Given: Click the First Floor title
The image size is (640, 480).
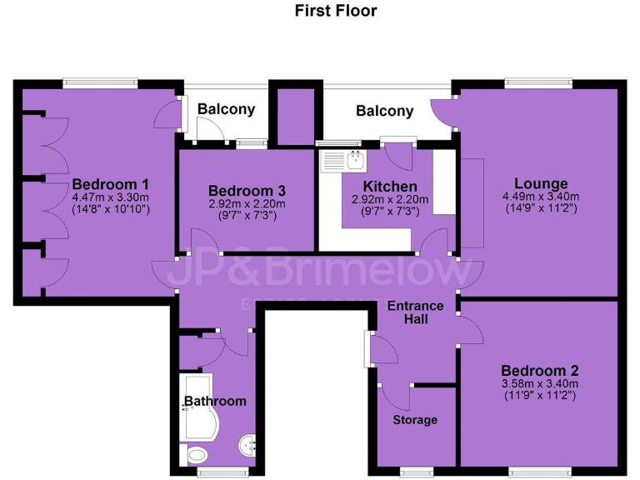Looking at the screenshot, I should [336, 11].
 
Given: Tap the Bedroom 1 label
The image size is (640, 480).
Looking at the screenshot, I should [110, 184].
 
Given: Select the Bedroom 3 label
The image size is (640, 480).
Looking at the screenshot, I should [241, 190].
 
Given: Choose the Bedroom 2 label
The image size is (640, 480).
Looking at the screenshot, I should [540, 370].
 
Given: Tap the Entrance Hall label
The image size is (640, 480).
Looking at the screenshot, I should [416, 312].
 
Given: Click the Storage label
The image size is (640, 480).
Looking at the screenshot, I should [415, 419].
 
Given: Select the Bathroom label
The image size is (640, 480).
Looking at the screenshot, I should [216, 401].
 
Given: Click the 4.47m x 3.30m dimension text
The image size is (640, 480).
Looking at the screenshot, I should [110, 197].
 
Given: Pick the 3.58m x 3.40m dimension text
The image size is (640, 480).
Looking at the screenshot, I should [540, 383].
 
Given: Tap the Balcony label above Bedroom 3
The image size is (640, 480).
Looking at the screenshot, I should [226, 109].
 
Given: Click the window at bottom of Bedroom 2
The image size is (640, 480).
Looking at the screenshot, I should [533, 472].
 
